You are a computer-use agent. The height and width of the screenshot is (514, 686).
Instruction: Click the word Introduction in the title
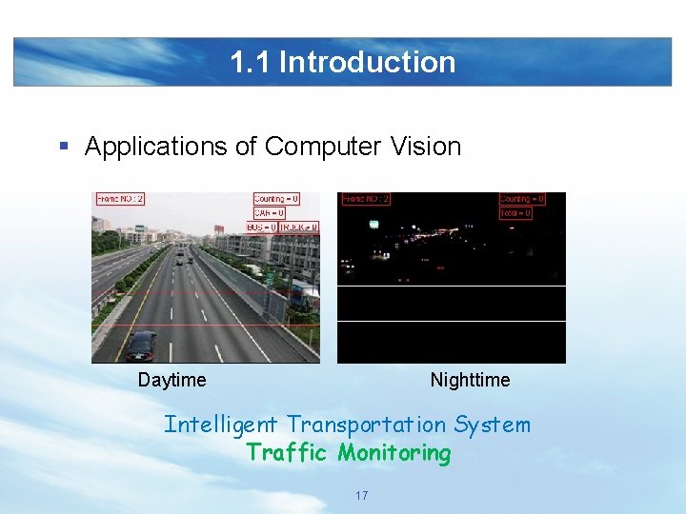[367, 62]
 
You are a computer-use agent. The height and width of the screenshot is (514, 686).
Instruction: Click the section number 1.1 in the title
[252, 62]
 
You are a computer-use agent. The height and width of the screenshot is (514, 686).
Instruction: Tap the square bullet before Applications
[64, 147]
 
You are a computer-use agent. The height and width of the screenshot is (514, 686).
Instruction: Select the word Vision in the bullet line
[425, 147]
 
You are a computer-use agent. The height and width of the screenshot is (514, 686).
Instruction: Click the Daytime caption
[171, 380]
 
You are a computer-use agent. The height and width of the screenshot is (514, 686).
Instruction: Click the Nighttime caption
[470, 380]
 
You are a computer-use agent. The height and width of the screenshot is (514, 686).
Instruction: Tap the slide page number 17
[361, 496]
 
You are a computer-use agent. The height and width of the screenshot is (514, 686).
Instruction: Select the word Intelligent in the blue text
[221, 425]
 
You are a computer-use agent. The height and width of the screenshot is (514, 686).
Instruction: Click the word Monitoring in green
[393, 453]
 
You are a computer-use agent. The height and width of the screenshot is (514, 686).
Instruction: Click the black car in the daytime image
[142, 345]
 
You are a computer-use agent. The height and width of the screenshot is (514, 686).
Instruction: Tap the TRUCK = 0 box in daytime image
[299, 227]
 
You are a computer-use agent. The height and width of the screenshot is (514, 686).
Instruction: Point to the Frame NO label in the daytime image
[120, 199]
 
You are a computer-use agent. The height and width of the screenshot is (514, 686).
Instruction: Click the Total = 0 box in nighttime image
[515, 213]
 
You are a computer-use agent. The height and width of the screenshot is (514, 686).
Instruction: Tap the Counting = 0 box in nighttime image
[522, 199]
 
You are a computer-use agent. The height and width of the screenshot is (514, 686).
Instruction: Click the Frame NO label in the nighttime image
[366, 199]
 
